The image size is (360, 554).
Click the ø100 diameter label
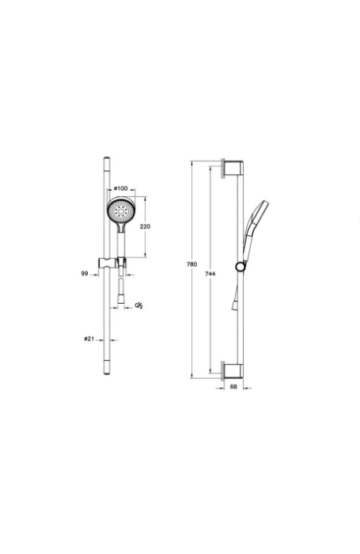(120, 188)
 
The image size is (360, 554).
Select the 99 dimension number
(83, 273)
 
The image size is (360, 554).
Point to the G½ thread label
(139, 305)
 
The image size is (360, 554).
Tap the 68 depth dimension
(233, 388)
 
